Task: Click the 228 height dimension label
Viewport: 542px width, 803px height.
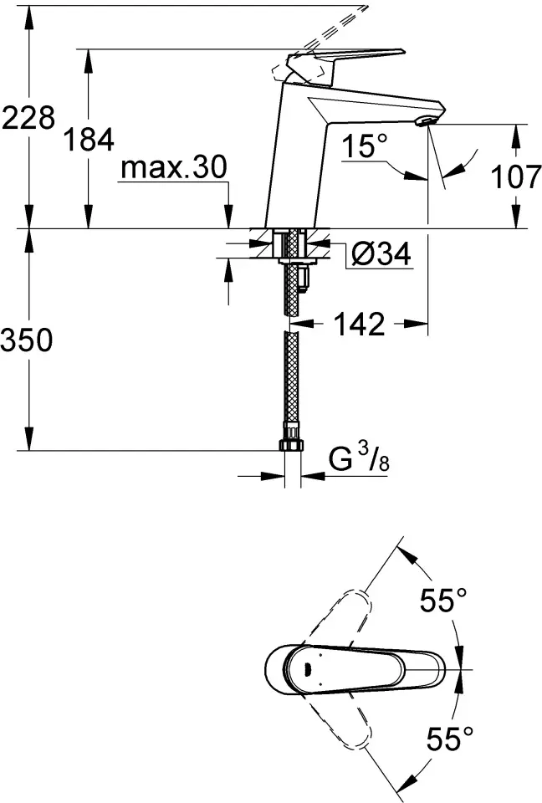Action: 28,118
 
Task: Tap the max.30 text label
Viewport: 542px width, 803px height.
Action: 173,168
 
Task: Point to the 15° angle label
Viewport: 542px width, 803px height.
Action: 365,147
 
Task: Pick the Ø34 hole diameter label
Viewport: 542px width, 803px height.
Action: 380,254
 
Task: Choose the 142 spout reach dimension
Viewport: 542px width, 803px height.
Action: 360,324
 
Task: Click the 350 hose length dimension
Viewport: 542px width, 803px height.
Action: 28,340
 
